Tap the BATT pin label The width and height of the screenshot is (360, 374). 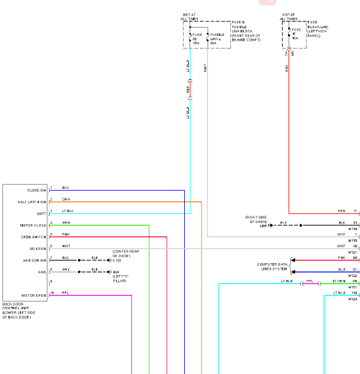point(40,214)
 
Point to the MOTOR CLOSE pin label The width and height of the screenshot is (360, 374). point(32,226)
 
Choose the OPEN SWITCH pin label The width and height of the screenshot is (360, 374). point(33,237)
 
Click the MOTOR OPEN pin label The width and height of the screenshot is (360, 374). point(34,295)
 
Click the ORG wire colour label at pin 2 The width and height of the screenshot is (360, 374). point(66,199)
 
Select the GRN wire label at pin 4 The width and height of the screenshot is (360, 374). point(66,222)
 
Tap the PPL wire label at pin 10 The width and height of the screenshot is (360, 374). point(65,292)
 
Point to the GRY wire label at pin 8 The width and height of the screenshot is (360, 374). point(65,269)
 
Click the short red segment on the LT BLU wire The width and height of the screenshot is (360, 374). point(190,91)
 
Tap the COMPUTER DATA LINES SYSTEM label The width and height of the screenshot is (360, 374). point(272,266)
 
